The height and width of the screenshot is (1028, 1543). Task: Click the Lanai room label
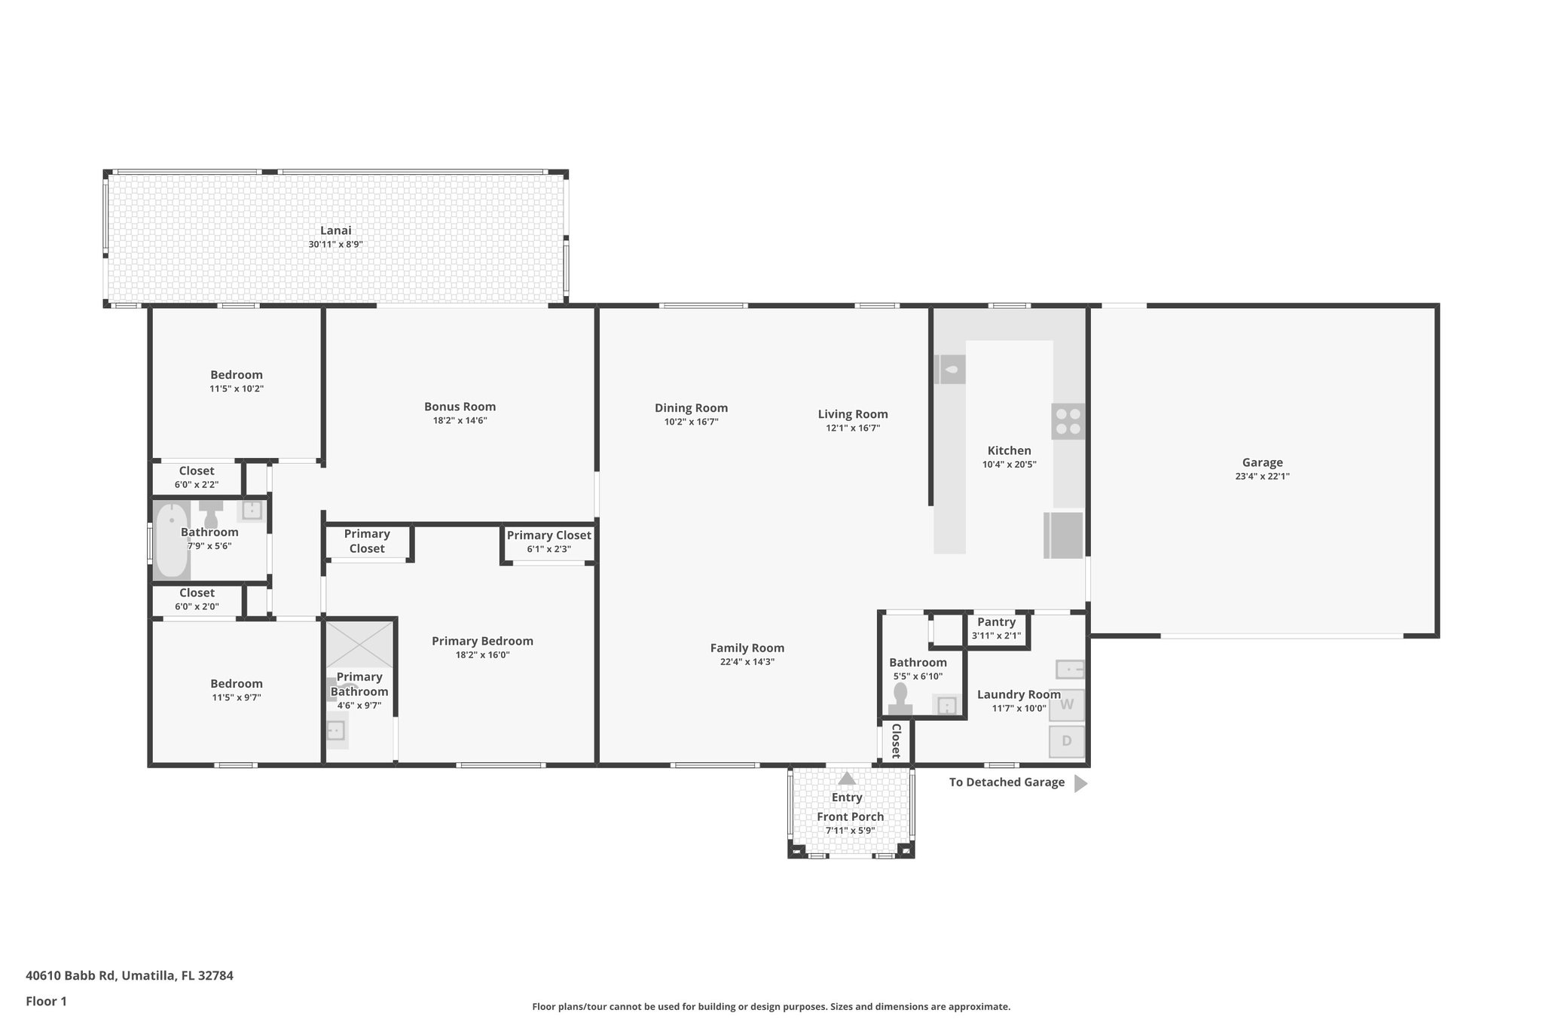click(335, 230)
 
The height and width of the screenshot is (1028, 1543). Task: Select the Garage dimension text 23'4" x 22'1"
click(1262, 476)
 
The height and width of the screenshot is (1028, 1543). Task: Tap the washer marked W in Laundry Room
click(1066, 705)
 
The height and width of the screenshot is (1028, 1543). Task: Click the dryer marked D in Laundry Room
click(1066, 741)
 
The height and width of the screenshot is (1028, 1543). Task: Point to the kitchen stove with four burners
click(1068, 422)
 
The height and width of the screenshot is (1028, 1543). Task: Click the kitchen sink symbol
click(951, 369)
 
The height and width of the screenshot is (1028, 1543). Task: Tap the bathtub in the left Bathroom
click(171, 539)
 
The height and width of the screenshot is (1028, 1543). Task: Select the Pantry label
click(996, 622)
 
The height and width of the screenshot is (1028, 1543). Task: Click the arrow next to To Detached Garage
click(1080, 783)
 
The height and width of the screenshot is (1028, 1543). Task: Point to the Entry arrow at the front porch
click(847, 778)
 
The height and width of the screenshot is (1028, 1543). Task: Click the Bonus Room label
click(460, 407)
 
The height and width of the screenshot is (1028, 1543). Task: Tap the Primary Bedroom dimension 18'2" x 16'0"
click(482, 654)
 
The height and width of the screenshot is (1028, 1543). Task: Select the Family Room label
click(747, 648)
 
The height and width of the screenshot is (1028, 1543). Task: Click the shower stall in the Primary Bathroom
click(359, 643)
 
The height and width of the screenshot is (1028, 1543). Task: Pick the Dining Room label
click(691, 408)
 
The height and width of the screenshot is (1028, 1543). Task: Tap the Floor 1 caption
click(46, 1001)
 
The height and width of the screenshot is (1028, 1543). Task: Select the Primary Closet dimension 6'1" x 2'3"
click(548, 549)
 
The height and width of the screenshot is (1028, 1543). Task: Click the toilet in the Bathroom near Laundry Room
click(900, 700)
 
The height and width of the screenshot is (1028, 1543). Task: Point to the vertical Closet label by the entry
click(896, 741)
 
